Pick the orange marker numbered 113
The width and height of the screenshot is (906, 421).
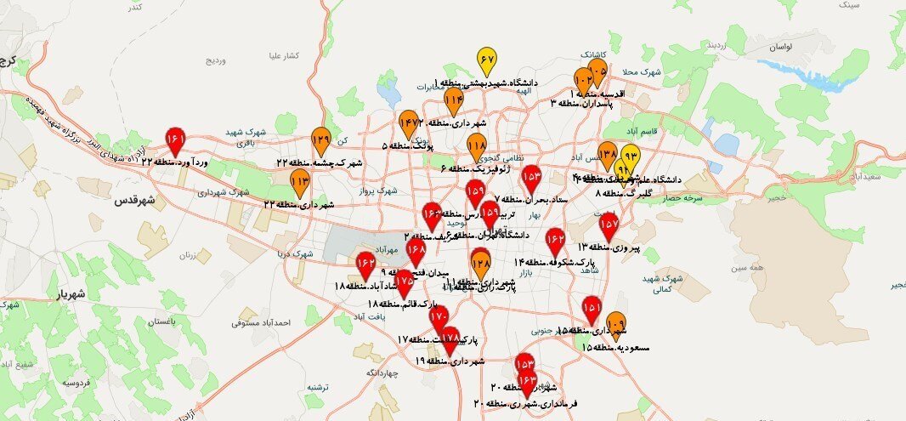[300, 181]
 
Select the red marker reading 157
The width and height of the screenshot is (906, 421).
[609, 225]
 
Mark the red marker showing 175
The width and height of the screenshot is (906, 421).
[404, 282]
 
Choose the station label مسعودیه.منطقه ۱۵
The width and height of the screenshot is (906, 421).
[616, 348]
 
